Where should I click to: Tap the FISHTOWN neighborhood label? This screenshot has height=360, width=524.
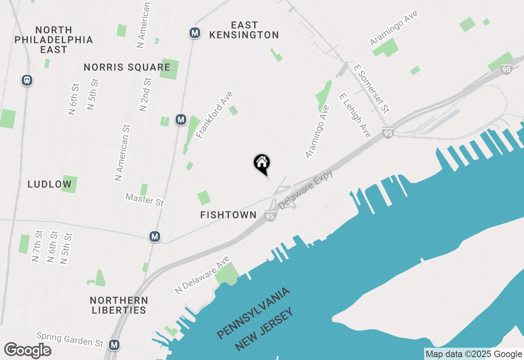tap(228, 215)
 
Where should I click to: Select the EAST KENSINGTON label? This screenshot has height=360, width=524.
tap(244, 30)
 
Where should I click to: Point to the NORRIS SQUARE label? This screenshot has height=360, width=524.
tap(127, 67)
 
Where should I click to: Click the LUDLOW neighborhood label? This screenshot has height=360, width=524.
tap(50, 184)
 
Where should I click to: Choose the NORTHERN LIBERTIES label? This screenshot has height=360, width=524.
tap(119, 305)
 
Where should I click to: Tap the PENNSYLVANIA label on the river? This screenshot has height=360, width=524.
tap(254, 313)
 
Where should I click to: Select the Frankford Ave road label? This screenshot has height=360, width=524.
tap(215, 115)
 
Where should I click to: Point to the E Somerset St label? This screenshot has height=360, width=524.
tap(371, 88)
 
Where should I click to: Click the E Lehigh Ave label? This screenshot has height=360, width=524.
tap(355, 115)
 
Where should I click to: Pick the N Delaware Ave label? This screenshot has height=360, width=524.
tap(202, 275)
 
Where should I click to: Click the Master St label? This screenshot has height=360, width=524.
tap(145, 200)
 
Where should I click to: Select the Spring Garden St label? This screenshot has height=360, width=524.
tap(70, 339)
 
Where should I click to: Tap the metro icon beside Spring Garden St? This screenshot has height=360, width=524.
tap(115, 345)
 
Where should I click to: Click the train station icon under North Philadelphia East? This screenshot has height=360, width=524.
tap(27, 80)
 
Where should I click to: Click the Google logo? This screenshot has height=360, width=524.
tap(27, 351)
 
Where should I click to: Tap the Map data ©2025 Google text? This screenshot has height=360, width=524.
tap(474, 354)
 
